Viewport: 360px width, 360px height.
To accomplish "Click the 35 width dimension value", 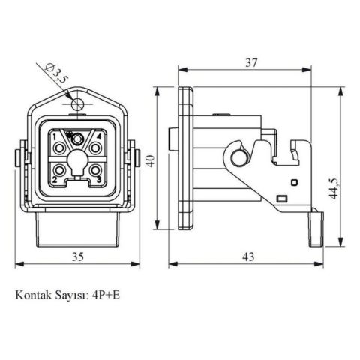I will coord(76,256).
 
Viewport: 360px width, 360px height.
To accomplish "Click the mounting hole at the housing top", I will coord(78,103).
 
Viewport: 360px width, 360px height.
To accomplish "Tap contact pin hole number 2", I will coord(58,171).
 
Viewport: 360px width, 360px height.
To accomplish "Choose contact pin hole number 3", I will coord(96,171).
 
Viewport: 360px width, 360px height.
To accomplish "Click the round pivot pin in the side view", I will coord(239,158).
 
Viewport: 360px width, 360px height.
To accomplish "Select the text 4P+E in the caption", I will coord(106,295).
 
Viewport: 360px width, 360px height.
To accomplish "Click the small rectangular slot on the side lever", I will coord(282,199).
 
